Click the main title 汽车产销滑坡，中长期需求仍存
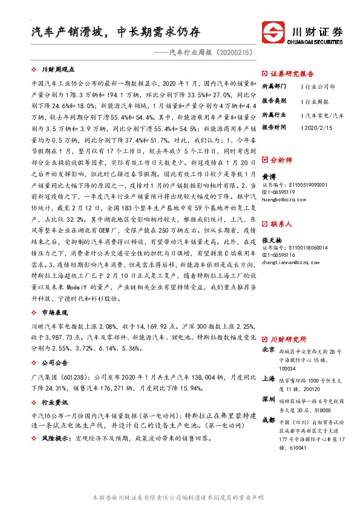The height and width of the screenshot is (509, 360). pyautogui.click(x=115, y=31)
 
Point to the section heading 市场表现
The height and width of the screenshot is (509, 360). pyautogui.click(x=54, y=313)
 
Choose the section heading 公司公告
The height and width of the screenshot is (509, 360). pyautogui.click(x=54, y=365)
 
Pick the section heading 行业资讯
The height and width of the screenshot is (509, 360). pyautogui.click(x=54, y=402)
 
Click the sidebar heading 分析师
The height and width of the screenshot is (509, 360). pyautogui.click(x=281, y=161)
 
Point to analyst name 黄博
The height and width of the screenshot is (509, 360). pyautogui.click(x=268, y=175)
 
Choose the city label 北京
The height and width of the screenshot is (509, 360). pyautogui.click(x=268, y=350)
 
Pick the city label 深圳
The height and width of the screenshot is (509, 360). pyautogui.click(x=268, y=400)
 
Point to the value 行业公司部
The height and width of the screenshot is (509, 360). pyautogui.click(x=321, y=87)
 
